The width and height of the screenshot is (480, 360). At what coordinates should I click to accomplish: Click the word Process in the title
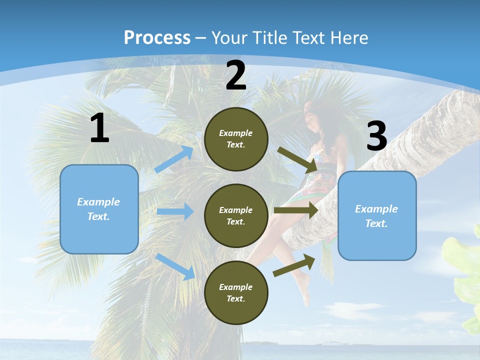[157, 37]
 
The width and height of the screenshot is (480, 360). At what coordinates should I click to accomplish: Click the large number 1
[99, 128]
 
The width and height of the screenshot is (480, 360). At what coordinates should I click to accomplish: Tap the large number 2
[236, 75]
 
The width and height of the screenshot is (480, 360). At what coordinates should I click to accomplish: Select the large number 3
[376, 136]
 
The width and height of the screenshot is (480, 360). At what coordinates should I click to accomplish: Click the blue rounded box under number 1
[99, 209]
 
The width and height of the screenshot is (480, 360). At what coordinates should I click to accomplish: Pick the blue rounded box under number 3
[377, 215]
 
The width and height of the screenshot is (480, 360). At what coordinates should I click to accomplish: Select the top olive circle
[236, 139]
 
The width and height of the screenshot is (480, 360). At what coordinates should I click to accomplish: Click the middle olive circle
[236, 215]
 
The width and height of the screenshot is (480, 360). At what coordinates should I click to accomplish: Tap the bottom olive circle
[236, 292]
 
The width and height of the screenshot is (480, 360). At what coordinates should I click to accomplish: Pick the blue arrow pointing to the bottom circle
[175, 266]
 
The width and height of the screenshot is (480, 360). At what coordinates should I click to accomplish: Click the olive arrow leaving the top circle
[298, 159]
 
